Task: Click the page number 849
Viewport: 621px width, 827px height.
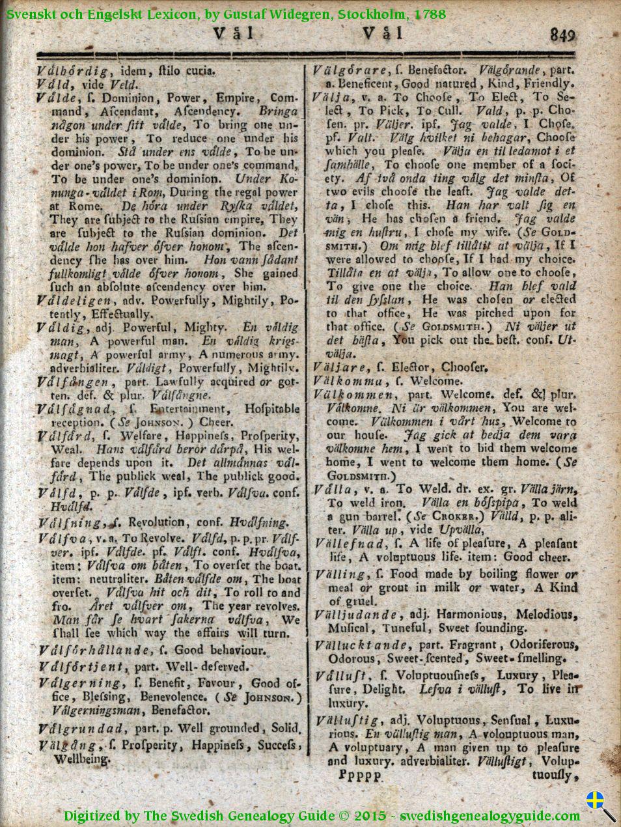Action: tap(562, 35)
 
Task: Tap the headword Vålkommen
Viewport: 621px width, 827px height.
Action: tap(353, 395)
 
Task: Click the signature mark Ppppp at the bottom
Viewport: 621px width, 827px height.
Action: tap(361, 776)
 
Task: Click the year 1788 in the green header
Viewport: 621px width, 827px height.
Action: tap(429, 14)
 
